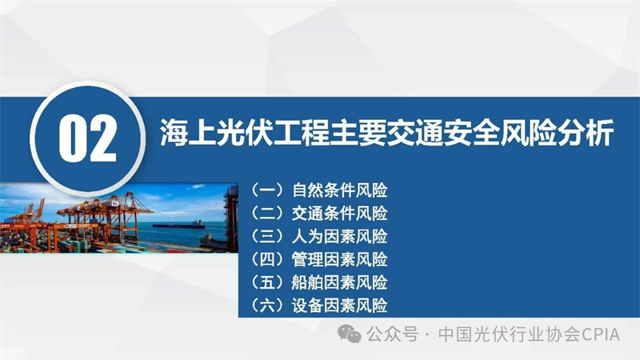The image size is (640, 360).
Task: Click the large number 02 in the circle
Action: coord(88,138)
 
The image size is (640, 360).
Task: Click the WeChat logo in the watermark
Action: coord(350,334)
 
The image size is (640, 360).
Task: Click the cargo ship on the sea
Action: coord(178,225)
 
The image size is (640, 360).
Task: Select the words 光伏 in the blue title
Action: coord(244,133)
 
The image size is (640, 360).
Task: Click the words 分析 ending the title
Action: coord(586,133)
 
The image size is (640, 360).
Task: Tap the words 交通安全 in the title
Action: coord(443,133)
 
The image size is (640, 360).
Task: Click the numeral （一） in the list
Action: coord(267,190)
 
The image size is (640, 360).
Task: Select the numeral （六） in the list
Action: coord(267,306)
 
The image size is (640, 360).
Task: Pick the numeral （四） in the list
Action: coord(267,259)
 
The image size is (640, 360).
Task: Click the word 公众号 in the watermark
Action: coord(392,334)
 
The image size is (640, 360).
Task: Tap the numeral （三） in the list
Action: coord(267,236)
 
